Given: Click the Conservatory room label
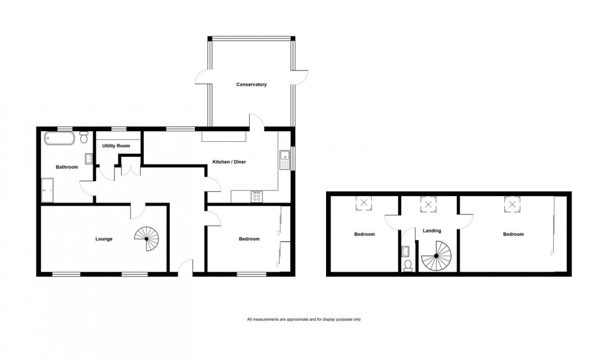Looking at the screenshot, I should click(251, 85).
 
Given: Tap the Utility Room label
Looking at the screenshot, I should click(116, 145).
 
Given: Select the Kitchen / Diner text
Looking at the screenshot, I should click(229, 162).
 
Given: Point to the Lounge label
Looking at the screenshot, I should click(104, 239).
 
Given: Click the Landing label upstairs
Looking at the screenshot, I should click(432, 230).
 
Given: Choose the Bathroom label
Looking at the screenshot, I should click(67, 167).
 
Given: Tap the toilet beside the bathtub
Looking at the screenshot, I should click(84, 138).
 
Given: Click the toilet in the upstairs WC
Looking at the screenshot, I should click(408, 265).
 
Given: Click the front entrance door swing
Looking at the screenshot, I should click(187, 266).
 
